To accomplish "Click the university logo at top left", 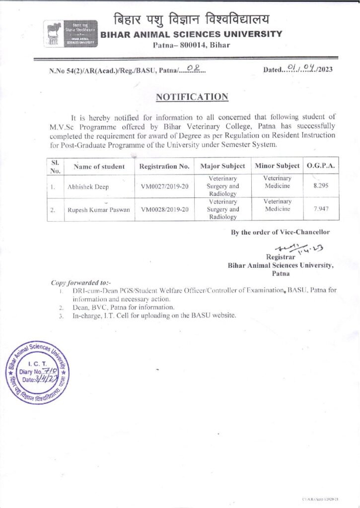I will click(71, 34).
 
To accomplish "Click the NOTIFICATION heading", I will click(192, 97).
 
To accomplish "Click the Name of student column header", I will click(99, 167).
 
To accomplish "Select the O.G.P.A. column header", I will click(321, 166).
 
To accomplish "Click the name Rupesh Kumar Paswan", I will click(99, 210).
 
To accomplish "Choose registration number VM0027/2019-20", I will click(165, 188).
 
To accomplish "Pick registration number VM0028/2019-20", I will click(165, 210).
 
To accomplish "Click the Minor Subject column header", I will click(277, 166).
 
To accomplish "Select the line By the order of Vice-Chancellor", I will click(280, 232).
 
